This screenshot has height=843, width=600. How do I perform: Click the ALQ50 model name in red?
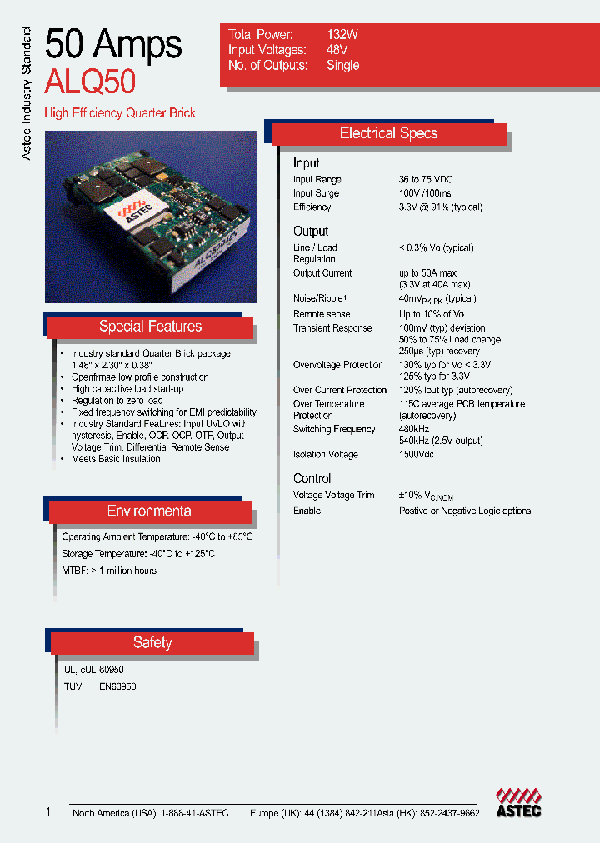click(90, 82)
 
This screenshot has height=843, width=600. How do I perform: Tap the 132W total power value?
click(342, 35)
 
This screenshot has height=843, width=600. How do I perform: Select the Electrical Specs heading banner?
click(388, 134)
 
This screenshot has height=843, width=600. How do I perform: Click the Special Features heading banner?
click(150, 327)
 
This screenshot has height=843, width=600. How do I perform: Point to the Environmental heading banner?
click(150, 511)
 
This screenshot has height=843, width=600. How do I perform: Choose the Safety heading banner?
click(152, 642)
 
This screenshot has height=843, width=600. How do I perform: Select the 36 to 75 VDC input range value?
click(426, 180)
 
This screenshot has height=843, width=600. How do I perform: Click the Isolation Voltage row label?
click(326, 455)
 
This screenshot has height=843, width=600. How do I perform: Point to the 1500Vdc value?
click(417, 455)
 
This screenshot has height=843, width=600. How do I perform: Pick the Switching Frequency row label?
click(334, 430)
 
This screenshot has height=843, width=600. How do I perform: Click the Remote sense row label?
click(322, 314)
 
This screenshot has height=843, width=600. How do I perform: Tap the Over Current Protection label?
click(340, 390)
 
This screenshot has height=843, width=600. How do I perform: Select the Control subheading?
click(312, 479)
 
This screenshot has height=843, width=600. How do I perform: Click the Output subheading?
click(311, 232)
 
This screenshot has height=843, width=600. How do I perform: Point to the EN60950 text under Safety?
click(117, 687)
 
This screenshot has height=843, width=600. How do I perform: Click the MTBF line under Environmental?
click(109, 571)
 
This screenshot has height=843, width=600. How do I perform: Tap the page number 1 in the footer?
click(48, 812)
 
